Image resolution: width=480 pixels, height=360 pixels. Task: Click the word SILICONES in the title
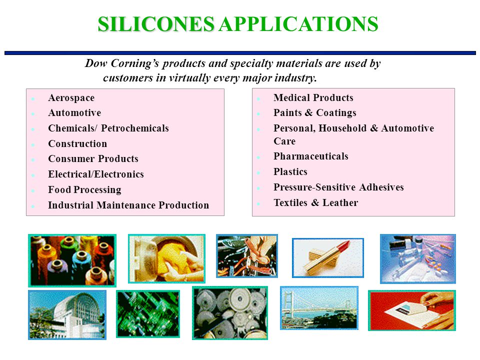tap(156, 24)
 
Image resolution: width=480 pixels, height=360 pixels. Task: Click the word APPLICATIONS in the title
tap(299, 24)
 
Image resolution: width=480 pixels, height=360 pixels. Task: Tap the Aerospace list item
tap(71, 98)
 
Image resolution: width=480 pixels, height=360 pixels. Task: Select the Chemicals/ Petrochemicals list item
tap(108, 128)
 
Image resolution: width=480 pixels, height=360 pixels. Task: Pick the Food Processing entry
tap(84, 190)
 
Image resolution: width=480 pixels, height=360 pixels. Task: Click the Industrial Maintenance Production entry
tap(128, 205)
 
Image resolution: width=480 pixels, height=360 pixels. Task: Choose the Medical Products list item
tap(313, 97)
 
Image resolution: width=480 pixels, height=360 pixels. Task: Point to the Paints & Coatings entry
tap(315, 113)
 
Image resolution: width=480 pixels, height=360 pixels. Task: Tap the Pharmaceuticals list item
tap(311, 156)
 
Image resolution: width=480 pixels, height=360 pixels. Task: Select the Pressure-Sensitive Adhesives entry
tap(338, 187)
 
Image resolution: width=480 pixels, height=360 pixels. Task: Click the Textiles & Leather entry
tap(316, 202)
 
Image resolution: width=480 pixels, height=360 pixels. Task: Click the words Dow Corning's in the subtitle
tap(122, 63)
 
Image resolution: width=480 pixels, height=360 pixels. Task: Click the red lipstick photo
tap(328, 258)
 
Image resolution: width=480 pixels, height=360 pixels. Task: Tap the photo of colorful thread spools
tap(72, 260)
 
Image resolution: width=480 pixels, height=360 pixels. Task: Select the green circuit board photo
tap(148, 314)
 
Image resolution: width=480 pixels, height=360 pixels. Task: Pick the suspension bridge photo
tap(319, 308)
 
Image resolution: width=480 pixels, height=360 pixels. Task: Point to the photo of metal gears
tap(230, 313)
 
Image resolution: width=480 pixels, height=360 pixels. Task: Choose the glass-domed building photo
tap(67, 314)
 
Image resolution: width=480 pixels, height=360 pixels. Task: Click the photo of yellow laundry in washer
tap(167, 258)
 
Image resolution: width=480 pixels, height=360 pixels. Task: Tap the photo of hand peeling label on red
tap(412, 310)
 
